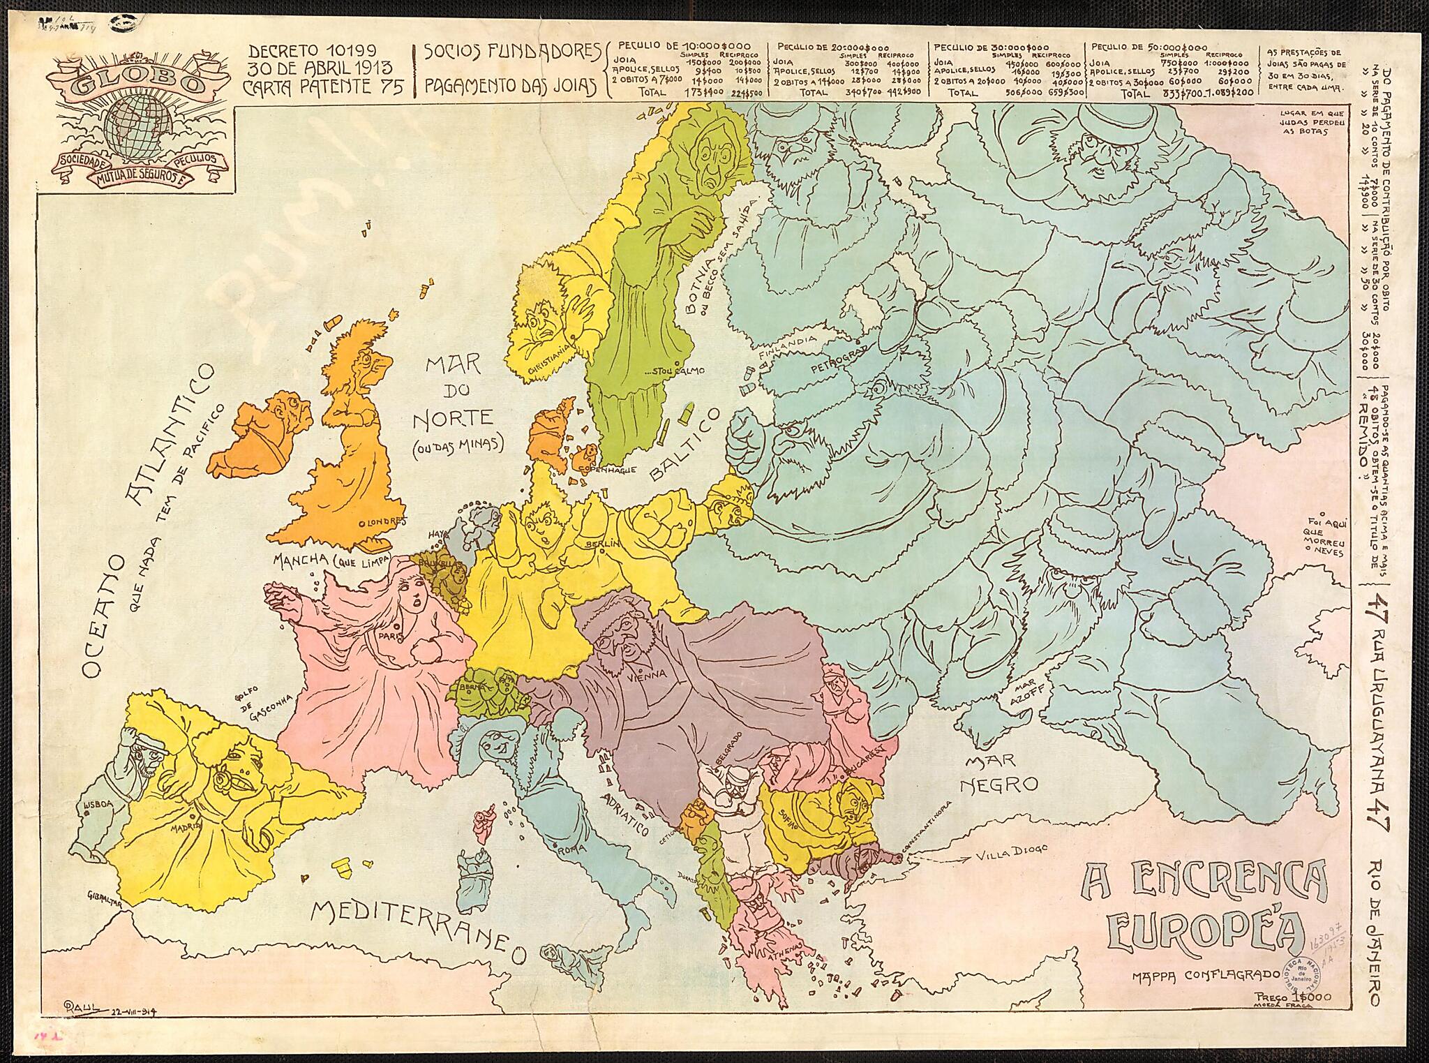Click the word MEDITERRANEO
point(419,926)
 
